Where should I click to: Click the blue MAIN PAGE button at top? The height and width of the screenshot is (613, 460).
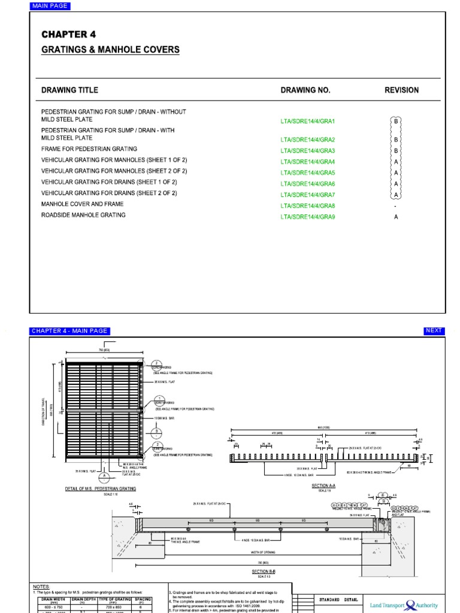click(x=50, y=6)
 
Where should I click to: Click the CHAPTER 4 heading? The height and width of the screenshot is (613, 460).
click(x=68, y=35)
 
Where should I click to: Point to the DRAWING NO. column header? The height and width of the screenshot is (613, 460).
click(x=305, y=90)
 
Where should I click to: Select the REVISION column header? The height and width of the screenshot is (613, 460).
click(x=401, y=90)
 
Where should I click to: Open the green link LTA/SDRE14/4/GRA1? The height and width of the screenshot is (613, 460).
click(x=308, y=122)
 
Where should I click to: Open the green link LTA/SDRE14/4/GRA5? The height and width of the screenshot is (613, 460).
click(x=308, y=173)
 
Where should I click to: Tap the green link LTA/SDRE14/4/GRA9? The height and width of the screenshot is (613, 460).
click(x=308, y=217)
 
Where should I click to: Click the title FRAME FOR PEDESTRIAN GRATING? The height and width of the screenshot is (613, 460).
click(x=89, y=149)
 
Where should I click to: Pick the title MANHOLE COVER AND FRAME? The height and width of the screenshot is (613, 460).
click(x=82, y=204)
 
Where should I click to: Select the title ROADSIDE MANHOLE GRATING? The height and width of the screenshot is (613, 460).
click(x=83, y=215)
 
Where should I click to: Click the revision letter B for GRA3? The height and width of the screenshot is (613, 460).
click(x=395, y=150)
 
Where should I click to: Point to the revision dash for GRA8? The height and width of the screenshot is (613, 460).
click(x=395, y=206)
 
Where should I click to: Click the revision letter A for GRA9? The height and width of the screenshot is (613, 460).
click(x=395, y=217)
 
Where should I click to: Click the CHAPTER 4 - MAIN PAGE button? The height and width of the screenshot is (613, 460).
click(x=69, y=331)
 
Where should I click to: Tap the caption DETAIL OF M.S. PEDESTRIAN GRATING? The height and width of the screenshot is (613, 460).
click(x=101, y=488)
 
